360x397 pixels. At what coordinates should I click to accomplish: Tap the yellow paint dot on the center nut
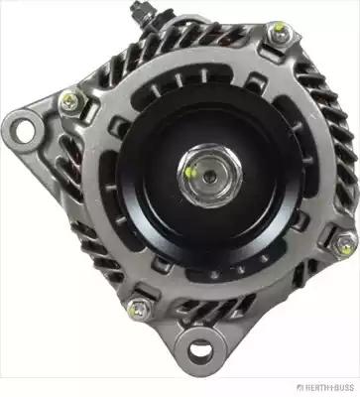point(190,172)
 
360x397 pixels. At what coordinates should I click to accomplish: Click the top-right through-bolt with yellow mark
point(281,32)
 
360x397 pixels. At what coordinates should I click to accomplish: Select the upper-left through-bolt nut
point(72,103)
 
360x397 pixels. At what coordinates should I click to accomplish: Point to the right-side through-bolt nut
point(344,244)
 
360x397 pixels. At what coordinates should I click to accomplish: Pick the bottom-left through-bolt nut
point(140,310)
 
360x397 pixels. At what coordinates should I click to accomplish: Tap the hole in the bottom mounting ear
point(200,350)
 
